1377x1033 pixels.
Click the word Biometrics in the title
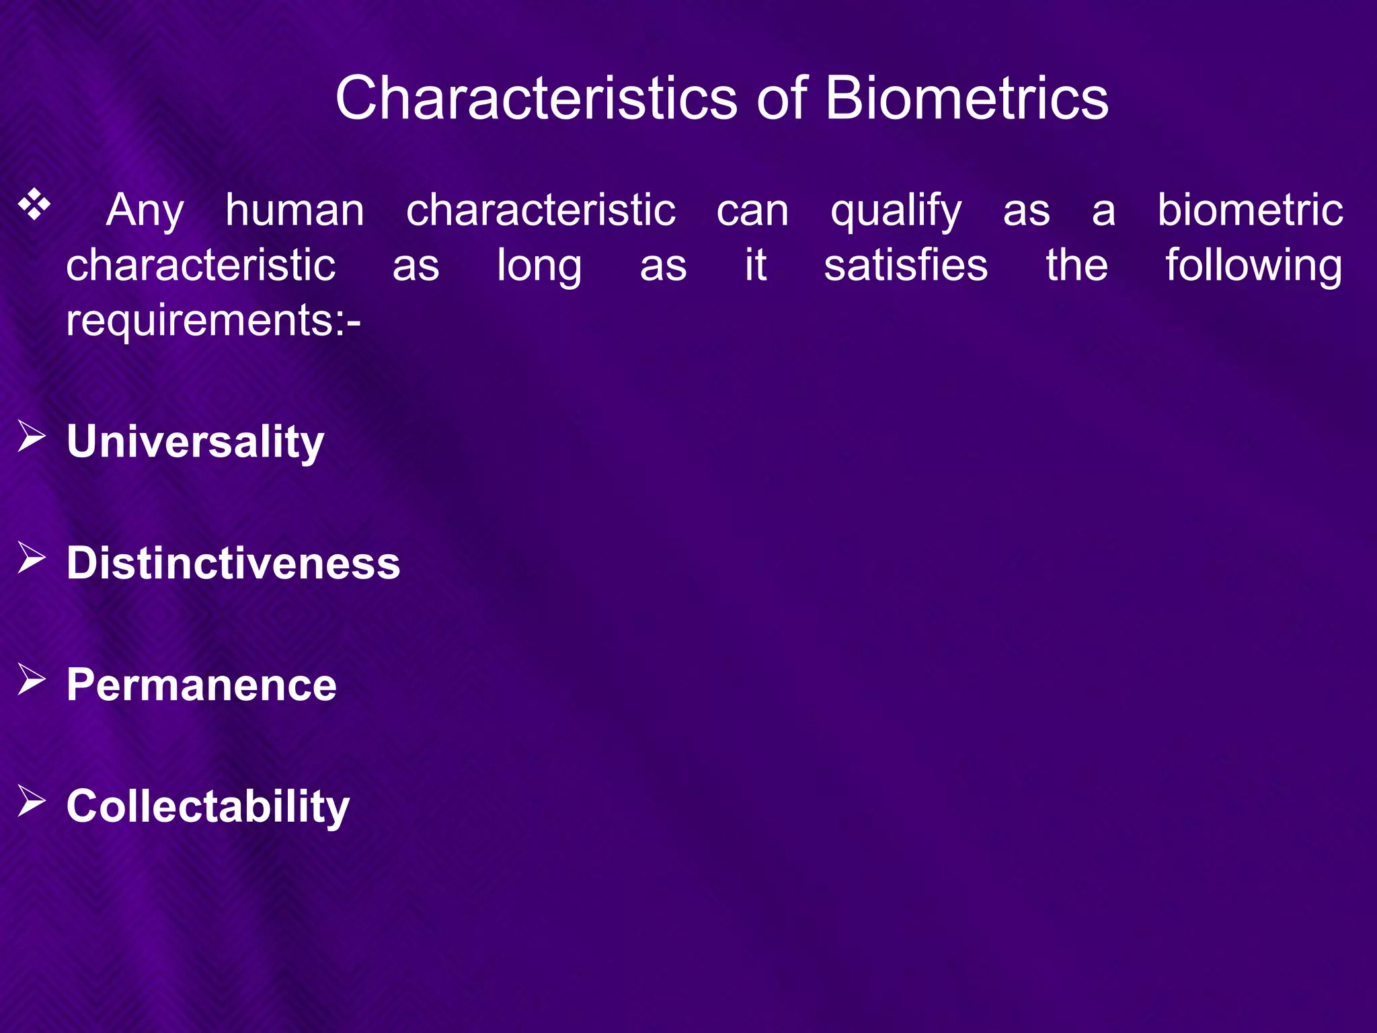tap(966, 98)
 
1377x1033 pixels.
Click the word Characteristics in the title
tap(536, 98)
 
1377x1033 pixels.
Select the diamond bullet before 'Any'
tap(34, 206)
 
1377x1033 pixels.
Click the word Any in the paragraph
tap(145, 211)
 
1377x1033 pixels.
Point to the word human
tap(294, 210)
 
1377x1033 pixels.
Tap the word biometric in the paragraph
tap(1249, 210)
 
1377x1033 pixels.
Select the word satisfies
tap(906, 265)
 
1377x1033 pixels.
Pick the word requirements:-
tap(213, 321)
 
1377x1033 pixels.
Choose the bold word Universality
tap(195, 443)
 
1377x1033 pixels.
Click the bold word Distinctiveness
tap(233, 563)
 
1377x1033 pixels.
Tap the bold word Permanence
tap(201, 685)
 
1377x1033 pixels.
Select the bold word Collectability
tap(208, 807)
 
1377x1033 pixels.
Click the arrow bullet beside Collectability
tap(31, 801)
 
